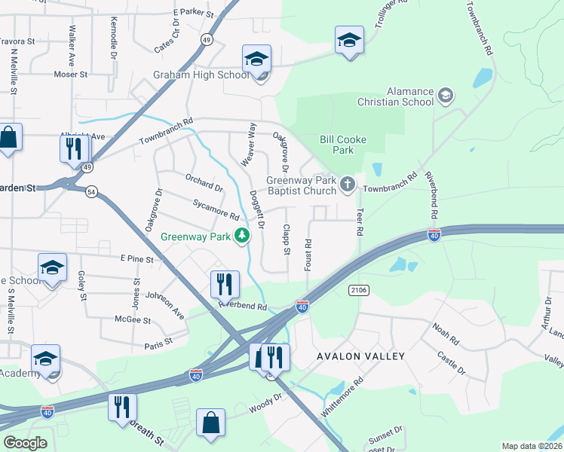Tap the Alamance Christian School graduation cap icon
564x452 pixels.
[446, 96]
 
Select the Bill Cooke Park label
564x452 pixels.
[336, 145]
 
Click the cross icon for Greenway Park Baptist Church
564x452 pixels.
[348, 184]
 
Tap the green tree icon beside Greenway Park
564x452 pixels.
[242, 237]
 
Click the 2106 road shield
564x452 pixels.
[358, 289]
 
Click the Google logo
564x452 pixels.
[25, 442]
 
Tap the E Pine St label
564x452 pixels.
[137, 258]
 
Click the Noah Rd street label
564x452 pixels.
[445, 328]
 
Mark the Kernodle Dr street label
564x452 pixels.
[114, 38]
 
